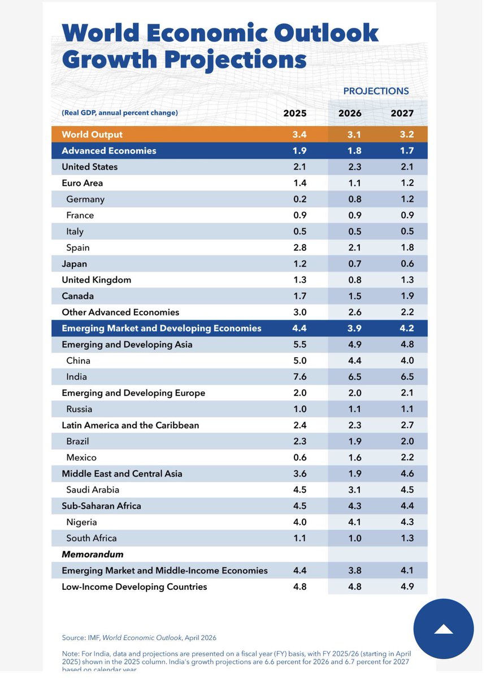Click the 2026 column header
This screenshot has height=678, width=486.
click(350, 113)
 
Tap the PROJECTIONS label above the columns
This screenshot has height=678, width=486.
click(376, 91)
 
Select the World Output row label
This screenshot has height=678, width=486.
click(92, 134)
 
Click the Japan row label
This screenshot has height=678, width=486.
click(75, 264)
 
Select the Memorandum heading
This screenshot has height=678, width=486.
click(93, 554)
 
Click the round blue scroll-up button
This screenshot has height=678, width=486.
click(444, 629)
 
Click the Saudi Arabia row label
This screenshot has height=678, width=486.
click(93, 490)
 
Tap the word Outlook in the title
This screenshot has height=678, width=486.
click(333, 33)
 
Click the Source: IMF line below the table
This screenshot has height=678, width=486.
click(139, 637)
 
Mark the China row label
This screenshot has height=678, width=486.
click(78, 360)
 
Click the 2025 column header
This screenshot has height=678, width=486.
click(295, 113)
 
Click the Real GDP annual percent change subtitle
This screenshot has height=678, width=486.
click(120, 113)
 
